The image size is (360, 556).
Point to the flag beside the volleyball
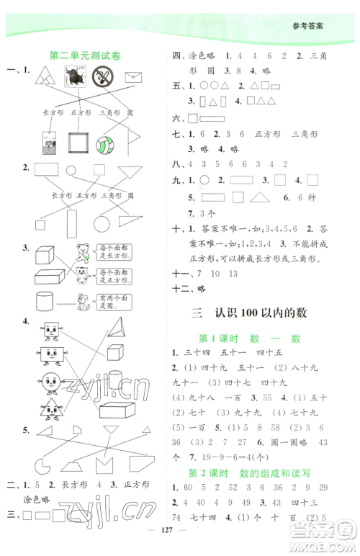[134, 143]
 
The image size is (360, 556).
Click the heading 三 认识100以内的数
[260, 313]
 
